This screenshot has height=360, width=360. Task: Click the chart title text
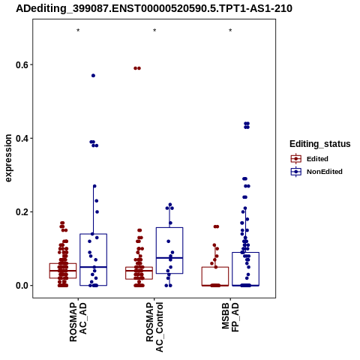154,9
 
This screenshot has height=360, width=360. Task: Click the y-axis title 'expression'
8,158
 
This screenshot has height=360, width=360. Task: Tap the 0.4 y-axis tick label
21,138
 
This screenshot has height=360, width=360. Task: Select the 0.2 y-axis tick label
21,211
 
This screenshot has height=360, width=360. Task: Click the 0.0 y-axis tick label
21,285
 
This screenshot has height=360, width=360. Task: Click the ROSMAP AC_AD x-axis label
78,322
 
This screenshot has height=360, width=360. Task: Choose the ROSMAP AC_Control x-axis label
154,327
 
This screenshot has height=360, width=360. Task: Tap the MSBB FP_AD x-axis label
230,317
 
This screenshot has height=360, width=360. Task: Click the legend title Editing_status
320,144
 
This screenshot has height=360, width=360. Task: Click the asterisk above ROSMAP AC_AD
78,31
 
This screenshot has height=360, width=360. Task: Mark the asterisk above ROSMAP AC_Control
154,31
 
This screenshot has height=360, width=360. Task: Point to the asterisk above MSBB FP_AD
230,31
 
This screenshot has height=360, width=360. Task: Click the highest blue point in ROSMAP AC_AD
93,76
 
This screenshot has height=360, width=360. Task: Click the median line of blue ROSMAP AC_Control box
169,257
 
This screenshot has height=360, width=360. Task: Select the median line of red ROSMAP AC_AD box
63,271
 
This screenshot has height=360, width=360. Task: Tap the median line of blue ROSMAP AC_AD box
94,267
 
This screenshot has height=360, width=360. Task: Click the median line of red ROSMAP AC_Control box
139,271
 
